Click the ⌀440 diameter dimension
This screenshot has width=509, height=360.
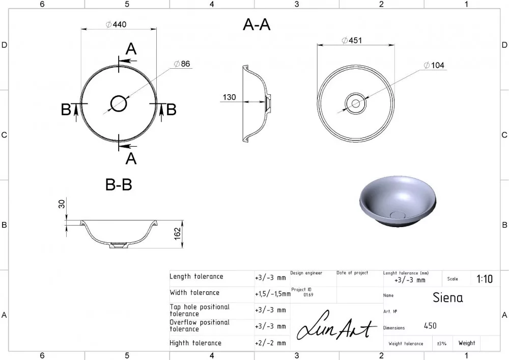(116, 24)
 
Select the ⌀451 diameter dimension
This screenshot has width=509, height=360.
(352, 40)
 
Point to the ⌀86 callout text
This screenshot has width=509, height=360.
(182, 64)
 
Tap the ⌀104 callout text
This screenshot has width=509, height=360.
(434, 65)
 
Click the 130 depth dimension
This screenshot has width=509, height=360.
(229, 97)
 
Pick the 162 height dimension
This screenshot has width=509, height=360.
(177, 234)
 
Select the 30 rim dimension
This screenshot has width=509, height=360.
(62, 204)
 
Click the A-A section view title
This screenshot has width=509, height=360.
(257, 24)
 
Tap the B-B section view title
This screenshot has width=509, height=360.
(119, 185)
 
